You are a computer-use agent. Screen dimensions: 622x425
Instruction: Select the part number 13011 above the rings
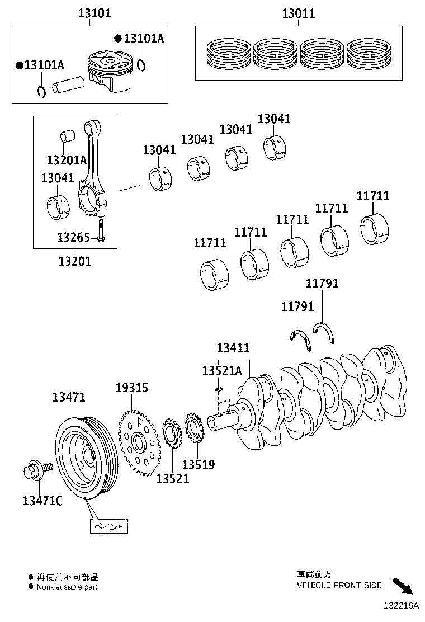click(x=297, y=13)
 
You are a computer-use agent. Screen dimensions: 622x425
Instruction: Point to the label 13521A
click(x=221, y=371)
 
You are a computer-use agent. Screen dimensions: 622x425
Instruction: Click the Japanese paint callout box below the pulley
click(x=109, y=526)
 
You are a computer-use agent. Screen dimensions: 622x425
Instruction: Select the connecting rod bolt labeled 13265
click(x=101, y=229)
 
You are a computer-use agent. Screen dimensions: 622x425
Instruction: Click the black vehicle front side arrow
click(x=402, y=585)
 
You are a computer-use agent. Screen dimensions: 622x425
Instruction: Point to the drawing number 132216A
click(x=401, y=606)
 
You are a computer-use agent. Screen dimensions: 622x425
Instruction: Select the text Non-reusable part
click(x=67, y=587)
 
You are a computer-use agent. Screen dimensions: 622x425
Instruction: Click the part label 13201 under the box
click(x=75, y=261)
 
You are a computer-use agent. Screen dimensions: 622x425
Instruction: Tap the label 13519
click(x=199, y=464)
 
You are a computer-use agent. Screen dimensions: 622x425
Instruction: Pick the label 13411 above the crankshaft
click(x=233, y=348)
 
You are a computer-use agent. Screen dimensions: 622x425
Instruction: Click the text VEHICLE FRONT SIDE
click(x=339, y=585)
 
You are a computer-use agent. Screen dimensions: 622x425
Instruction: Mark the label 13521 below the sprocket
click(x=172, y=478)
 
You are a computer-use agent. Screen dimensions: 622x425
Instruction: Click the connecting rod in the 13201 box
click(x=93, y=173)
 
